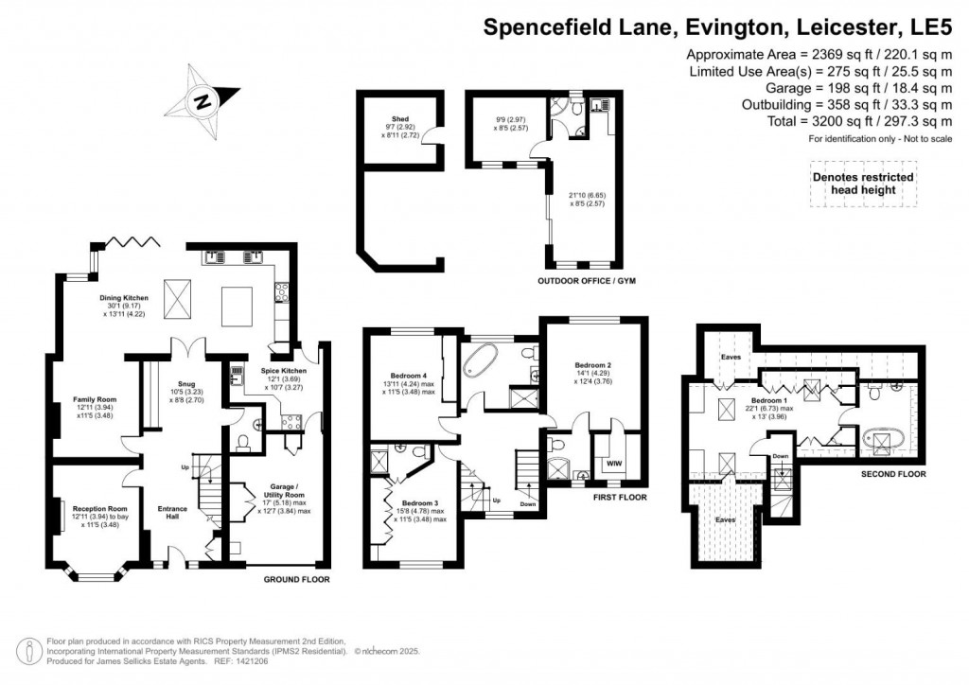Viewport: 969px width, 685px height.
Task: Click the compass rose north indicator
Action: (202, 98)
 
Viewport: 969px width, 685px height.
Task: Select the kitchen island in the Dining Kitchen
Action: (237, 306)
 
